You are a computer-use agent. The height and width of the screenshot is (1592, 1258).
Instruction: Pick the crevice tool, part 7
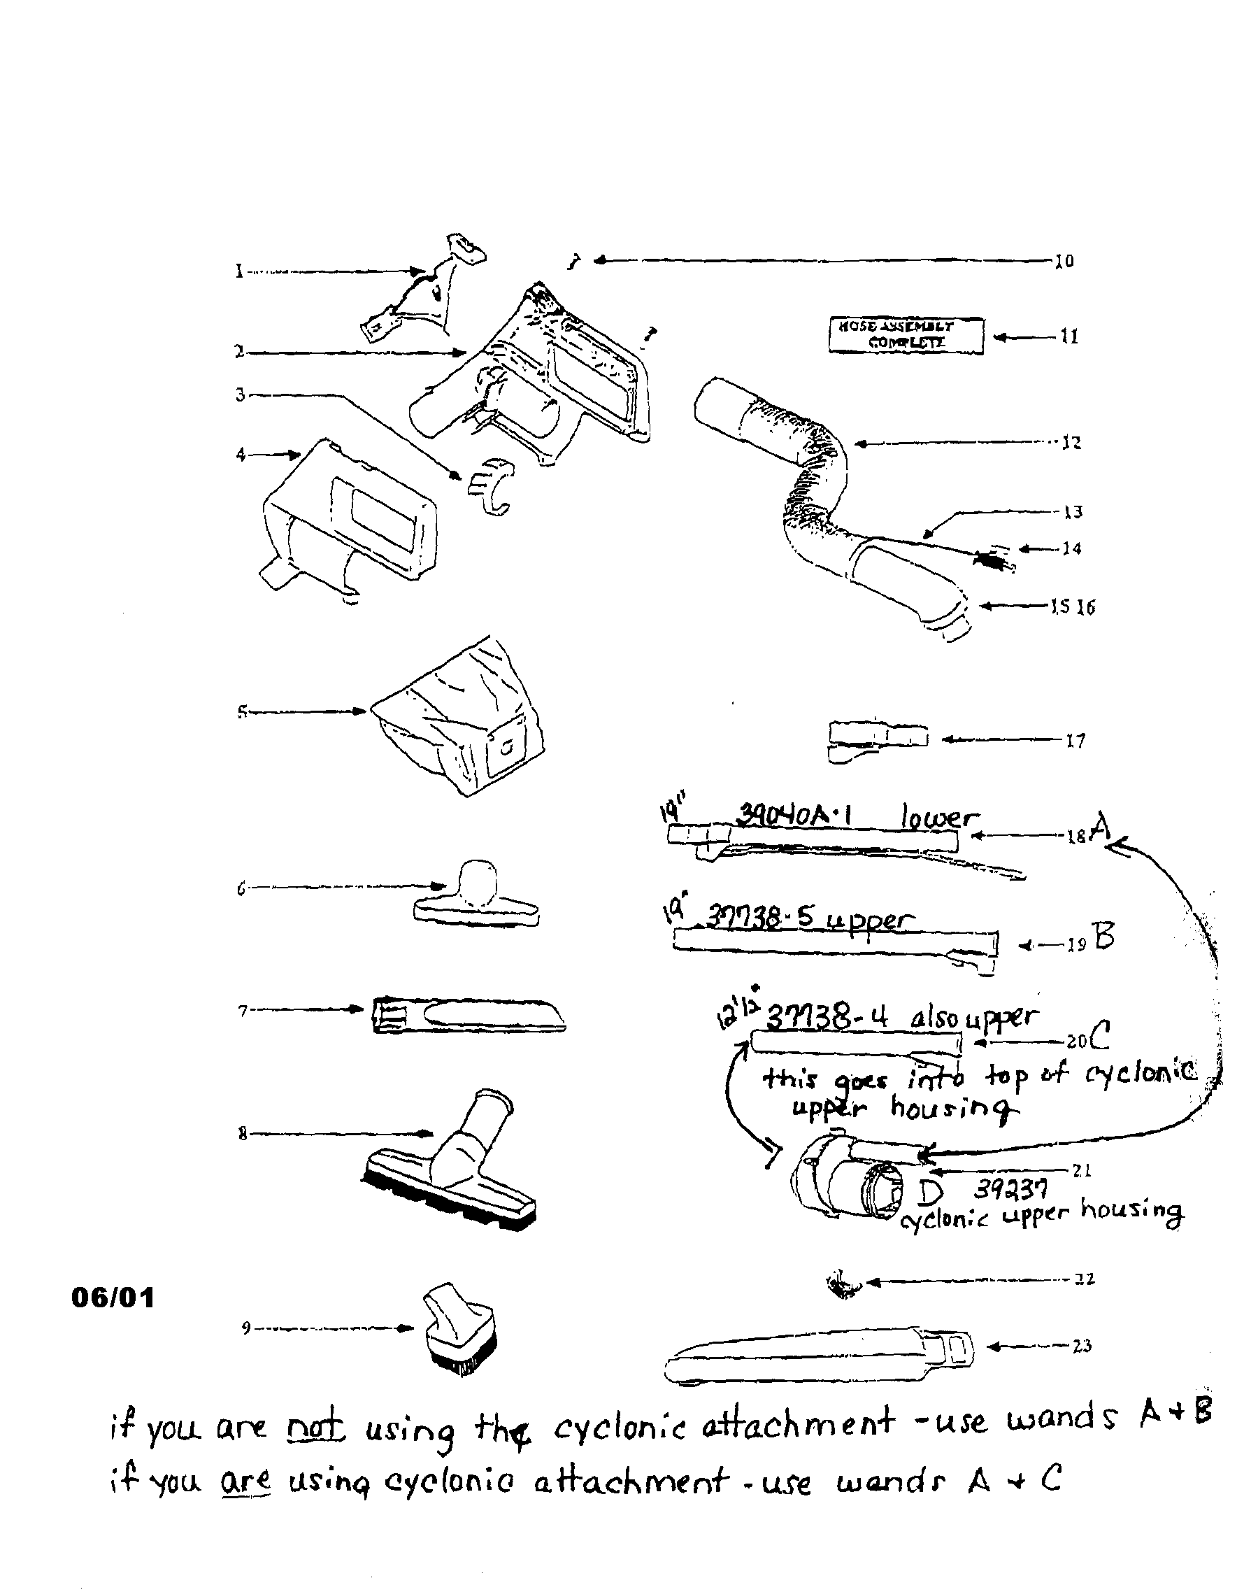tap(469, 1015)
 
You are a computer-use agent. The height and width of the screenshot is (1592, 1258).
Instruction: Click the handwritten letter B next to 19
tap(1104, 937)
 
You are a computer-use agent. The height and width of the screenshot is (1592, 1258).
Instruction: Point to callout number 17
tap(1075, 741)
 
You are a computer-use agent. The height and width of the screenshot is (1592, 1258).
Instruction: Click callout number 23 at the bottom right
tap(1081, 1346)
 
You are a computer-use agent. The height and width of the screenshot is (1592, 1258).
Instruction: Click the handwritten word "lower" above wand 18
tap(940, 817)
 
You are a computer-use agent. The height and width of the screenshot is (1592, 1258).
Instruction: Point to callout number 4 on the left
tap(241, 455)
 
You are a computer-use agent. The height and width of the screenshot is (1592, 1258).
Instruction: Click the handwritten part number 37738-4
tap(827, 1019)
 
